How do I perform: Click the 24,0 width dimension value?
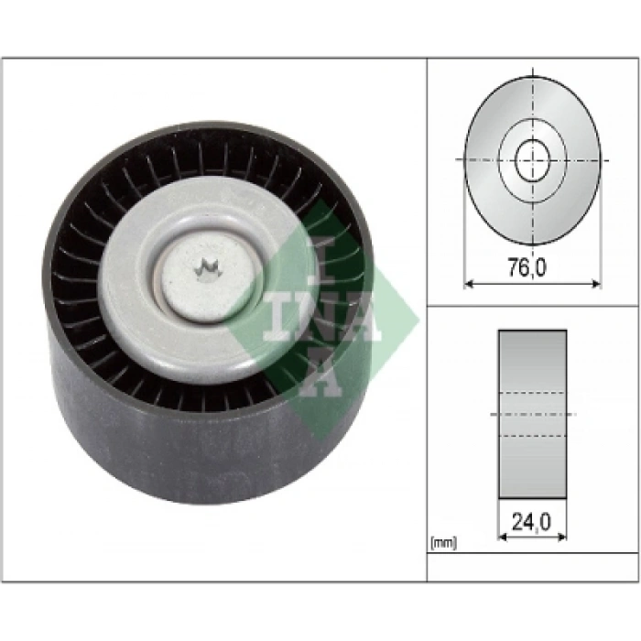click(x=532, y=523)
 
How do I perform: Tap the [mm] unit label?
click(x=443, y=543)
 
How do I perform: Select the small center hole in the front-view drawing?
click(x=532, y=161)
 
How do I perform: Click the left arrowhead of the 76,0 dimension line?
click(x=469, y=284)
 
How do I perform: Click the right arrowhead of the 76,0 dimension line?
click(x=596, y=284)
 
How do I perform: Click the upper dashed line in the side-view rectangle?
click(x=532, y=395)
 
